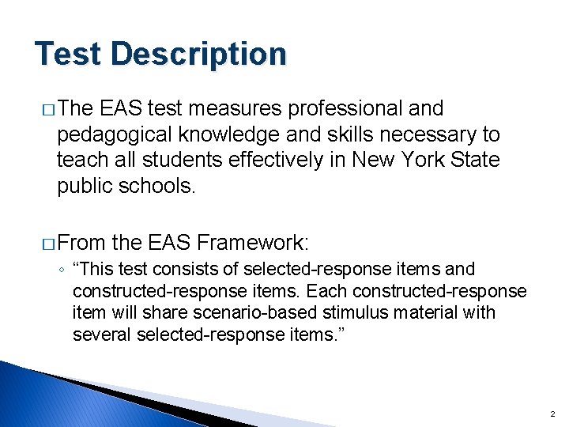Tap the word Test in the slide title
[x=69, y=55]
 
